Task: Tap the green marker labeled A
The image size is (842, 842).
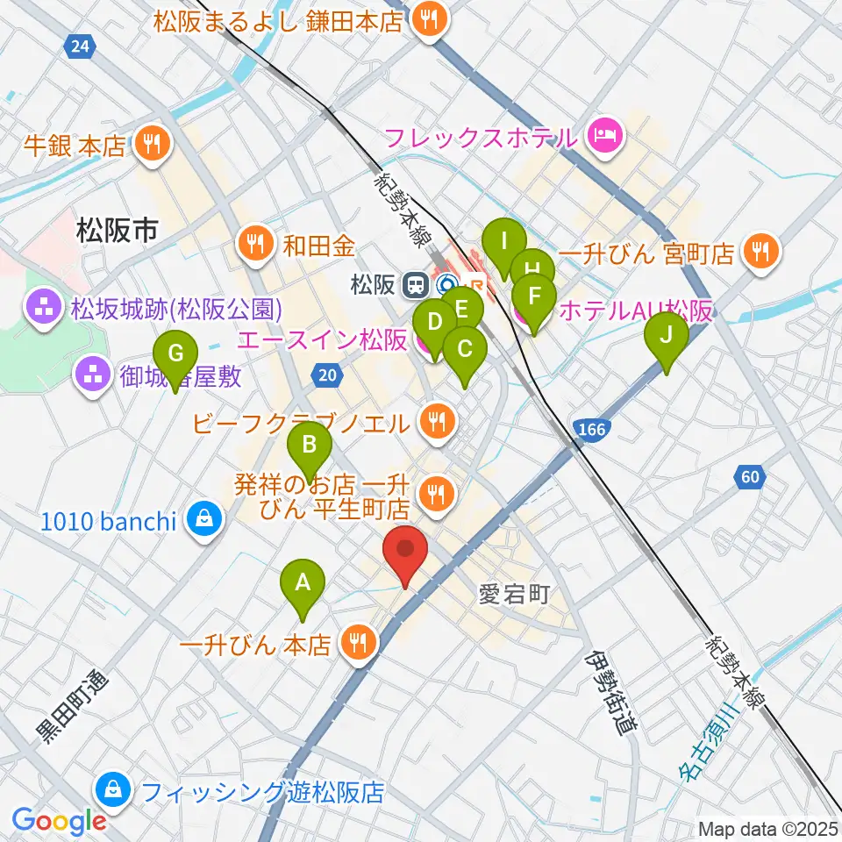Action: [303, 583]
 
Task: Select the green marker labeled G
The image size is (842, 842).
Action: [175, 356]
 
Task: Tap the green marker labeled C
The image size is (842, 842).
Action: [464, 350]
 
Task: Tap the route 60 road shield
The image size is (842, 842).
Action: [748, 476]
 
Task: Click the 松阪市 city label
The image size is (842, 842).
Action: [117, 232]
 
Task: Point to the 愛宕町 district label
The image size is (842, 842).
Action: [513, 596]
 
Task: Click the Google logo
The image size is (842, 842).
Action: [60, 821]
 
